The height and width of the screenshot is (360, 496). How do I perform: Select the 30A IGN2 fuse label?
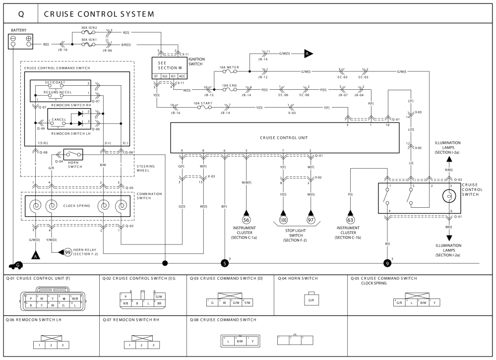coord(89,28)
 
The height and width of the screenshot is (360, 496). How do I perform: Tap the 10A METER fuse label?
coord(229,67)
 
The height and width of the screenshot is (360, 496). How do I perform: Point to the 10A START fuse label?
coord(202,103)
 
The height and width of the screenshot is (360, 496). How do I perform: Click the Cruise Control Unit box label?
coord(285,137)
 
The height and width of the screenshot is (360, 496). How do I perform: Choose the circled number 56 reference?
coord(247,220)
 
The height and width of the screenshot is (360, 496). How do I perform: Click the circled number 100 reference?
coord(283,220)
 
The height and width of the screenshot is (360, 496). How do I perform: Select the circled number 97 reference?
coord(311,220)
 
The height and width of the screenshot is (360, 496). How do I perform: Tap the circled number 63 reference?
coord(350,220)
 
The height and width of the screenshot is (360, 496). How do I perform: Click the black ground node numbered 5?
coord(225,263)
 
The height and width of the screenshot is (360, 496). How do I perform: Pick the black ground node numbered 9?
coord(387,263)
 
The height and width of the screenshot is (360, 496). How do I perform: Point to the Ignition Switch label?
coord(196,61)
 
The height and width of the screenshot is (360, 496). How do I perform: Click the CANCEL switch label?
coord(59,120)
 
